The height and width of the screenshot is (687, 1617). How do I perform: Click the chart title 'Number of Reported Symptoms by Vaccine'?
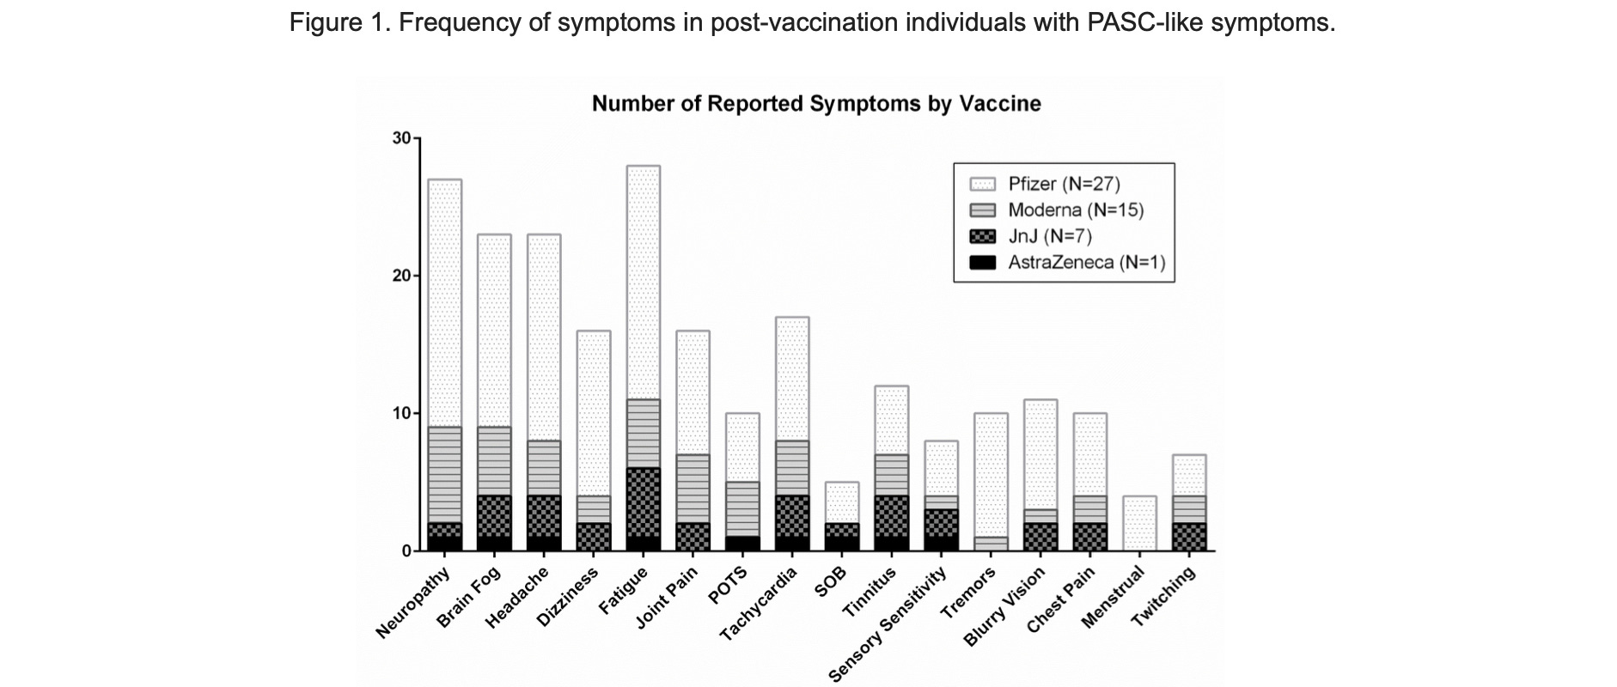click(815, 104)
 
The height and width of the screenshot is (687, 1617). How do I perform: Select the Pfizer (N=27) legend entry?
click(1064, 184)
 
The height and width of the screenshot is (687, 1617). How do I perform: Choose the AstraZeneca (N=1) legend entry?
click(1086, 263)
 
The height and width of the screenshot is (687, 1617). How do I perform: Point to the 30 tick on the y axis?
click(401, 138)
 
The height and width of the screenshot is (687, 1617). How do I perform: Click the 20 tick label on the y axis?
click(401, 276)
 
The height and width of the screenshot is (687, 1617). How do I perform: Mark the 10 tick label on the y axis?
click(401, 413)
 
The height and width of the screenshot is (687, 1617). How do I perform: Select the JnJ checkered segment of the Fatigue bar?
click(643, 502)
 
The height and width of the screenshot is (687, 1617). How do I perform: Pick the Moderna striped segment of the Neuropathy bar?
click(444, 475)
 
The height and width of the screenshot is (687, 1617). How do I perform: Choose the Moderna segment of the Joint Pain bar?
click(693, 489)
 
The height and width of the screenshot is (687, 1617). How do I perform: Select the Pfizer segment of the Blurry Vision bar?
click(1040, 454)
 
